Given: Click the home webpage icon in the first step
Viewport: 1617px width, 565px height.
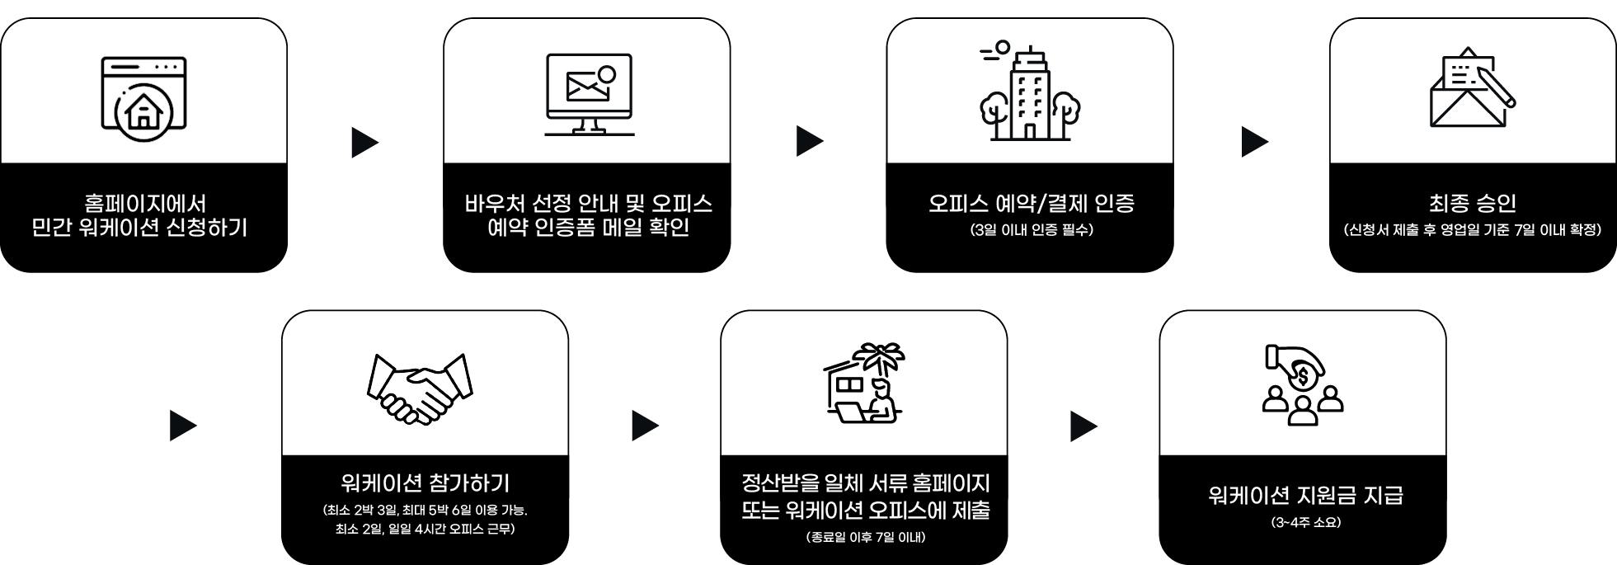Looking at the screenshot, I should (x=143, y=94).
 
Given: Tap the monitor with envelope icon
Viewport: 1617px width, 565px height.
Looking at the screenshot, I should (x=589, y=94).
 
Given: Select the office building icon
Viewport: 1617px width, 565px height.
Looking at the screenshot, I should (x=1030, y=92).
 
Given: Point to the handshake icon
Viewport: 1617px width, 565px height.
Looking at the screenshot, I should (x=421, y=388).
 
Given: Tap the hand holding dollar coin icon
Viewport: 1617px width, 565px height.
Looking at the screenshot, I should (x=1303, y=384).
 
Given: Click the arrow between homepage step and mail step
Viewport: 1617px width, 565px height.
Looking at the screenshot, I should (x=364, y=142).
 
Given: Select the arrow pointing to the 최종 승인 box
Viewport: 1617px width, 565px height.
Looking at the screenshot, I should (x=1253, y=142).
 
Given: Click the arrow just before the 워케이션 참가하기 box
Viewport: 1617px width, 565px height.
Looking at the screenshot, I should (x=182, y=426).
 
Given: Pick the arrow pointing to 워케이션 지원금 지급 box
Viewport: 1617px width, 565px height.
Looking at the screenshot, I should (x=1083, y=426).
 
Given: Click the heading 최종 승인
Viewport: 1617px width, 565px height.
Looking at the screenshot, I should (x=1472, y=203).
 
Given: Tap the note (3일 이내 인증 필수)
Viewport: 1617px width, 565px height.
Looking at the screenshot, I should (x=1031, y=230).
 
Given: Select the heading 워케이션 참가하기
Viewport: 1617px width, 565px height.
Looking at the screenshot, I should (x=425, y=483).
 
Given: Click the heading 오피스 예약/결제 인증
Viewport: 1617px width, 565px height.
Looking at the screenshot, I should (x=1031, y=203).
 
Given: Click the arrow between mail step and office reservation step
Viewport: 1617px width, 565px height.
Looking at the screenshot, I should (x=809, y=142).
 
